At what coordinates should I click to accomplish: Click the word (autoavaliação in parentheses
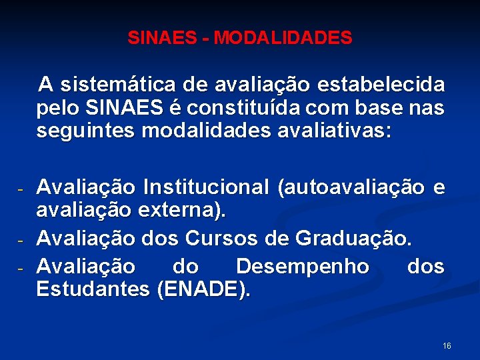tap(351, 188)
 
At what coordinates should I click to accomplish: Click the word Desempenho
tap(303, 267)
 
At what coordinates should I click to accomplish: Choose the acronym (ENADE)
tap(203, 290)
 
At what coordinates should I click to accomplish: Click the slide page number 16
tap(447, 345)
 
